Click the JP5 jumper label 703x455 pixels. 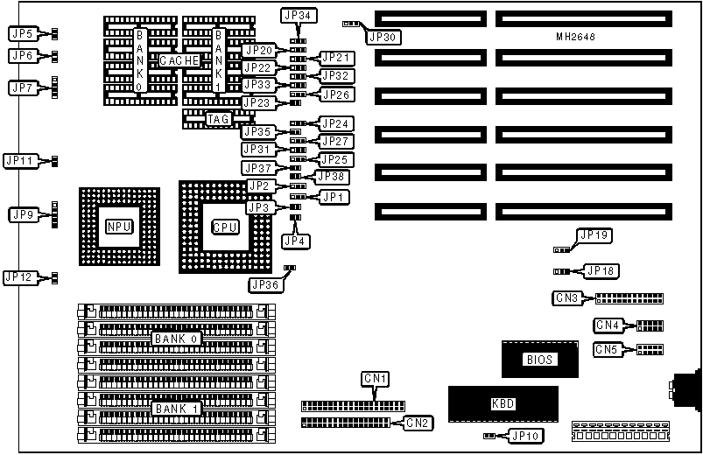22,34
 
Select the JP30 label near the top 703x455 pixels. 383,37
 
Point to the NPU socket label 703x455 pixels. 119,226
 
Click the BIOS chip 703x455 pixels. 540,359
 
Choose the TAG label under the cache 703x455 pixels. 219,118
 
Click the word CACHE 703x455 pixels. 179,59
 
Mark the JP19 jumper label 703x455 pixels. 598,234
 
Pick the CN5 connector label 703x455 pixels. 608,350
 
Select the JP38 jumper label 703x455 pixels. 334,176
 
